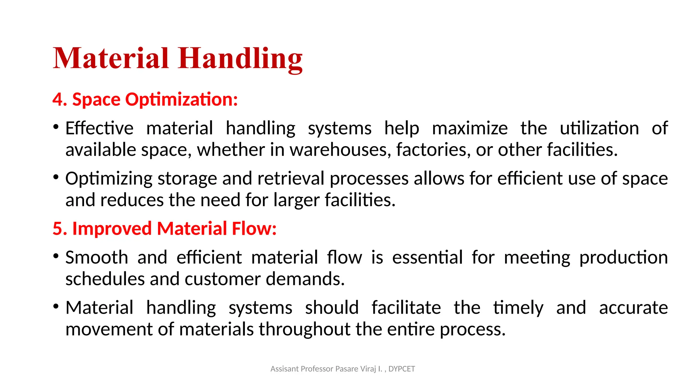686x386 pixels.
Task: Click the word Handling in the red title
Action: tap(240, 59)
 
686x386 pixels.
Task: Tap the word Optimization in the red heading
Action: tap(181, 100)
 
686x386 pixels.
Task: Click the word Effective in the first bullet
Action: tap(99, 128)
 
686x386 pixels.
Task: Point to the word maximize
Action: tap(470, 128)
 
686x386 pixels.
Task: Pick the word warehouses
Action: tap(340, 150)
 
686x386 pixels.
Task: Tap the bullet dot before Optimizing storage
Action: tap(56, 177)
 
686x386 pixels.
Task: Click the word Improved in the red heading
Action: tap(112, 229)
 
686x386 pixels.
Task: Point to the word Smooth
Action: tap(96, 258)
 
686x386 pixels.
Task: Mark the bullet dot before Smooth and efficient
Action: tap(56, 256)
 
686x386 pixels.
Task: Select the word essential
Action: tap(427, 258)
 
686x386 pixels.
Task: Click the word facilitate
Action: tap(406, 308)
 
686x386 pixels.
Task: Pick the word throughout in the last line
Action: tap(304, 329)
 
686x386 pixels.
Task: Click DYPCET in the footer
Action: tap(402, 369)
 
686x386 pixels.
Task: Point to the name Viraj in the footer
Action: tap(368, 369)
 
